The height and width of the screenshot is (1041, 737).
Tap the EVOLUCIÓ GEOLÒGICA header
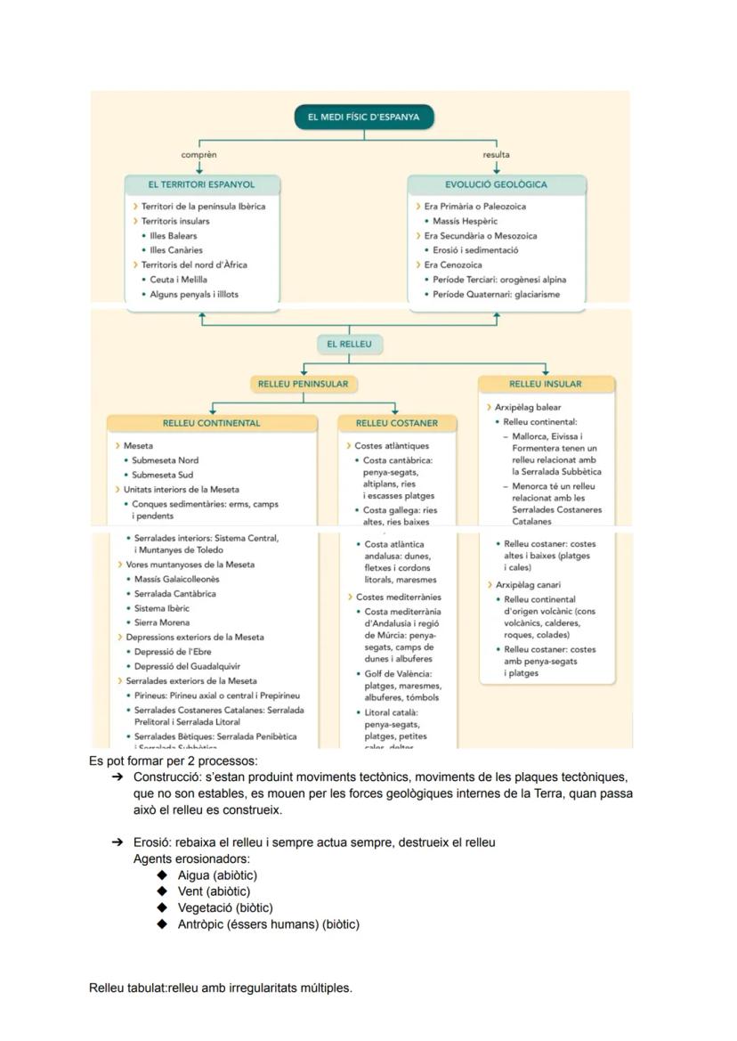tap(496, 185)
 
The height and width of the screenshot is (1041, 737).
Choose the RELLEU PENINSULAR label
tap(303, 384)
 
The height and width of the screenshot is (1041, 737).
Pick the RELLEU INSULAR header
tap(546, 384)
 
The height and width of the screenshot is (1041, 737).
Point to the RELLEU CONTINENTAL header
tap(211, 423)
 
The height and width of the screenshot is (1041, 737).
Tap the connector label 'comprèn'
tap(198, 155)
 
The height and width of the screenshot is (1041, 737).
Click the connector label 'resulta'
tap(496, 155)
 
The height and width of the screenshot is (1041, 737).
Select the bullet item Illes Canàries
tap(176, 250)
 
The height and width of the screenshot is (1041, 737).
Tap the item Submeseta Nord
tap(165, 460)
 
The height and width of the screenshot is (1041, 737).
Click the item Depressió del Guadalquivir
tap(187, 666)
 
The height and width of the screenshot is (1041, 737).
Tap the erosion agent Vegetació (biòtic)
tap(225, 907)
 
